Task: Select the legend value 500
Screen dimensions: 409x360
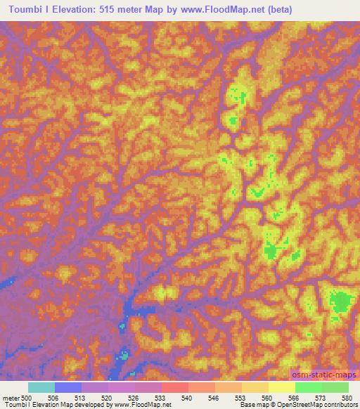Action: [x=27, y=398]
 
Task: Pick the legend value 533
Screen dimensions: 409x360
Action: [x=160, y=398]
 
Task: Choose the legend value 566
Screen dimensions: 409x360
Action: [x=294, y=398]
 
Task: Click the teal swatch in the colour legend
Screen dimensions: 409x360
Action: [x=41, y=387]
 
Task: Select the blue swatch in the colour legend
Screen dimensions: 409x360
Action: [x=68, y=387]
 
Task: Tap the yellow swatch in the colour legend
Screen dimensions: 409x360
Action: [x=281, y=387]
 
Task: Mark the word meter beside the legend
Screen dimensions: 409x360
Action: [x=11, y=398]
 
